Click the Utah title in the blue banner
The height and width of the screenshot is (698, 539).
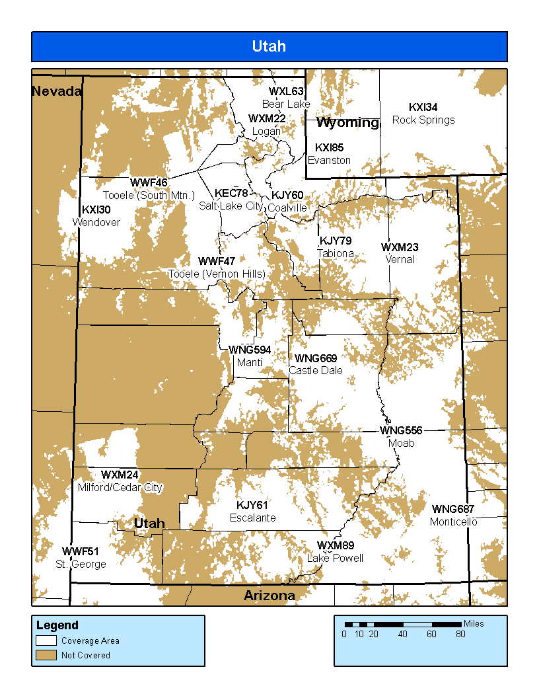point(269,46)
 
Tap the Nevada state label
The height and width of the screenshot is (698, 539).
point(57,91)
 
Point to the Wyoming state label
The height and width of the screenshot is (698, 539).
point(347,123)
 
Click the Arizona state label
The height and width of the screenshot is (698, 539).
point(269,596)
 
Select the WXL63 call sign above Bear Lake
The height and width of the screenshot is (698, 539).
point(286,92)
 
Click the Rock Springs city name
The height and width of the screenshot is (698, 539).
point(423,120)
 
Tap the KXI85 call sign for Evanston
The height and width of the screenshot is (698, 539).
point(329,147)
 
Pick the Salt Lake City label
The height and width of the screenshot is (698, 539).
point(231,206)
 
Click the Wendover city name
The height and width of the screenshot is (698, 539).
point(96,222)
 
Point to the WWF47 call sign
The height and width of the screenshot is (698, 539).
point(217,262)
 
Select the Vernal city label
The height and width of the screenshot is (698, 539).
point(400,259)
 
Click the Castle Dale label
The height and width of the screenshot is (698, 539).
point(316,370)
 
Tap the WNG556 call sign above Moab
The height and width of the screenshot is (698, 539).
point(401,431)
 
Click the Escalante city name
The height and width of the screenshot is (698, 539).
point(252,518)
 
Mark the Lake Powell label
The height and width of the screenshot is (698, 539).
point(335,558)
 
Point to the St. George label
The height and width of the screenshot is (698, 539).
point(81,564)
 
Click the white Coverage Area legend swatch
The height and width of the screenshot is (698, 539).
point(46,640)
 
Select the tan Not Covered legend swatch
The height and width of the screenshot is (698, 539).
point(46,655)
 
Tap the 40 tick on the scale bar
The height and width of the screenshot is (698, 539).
point(402,634)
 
